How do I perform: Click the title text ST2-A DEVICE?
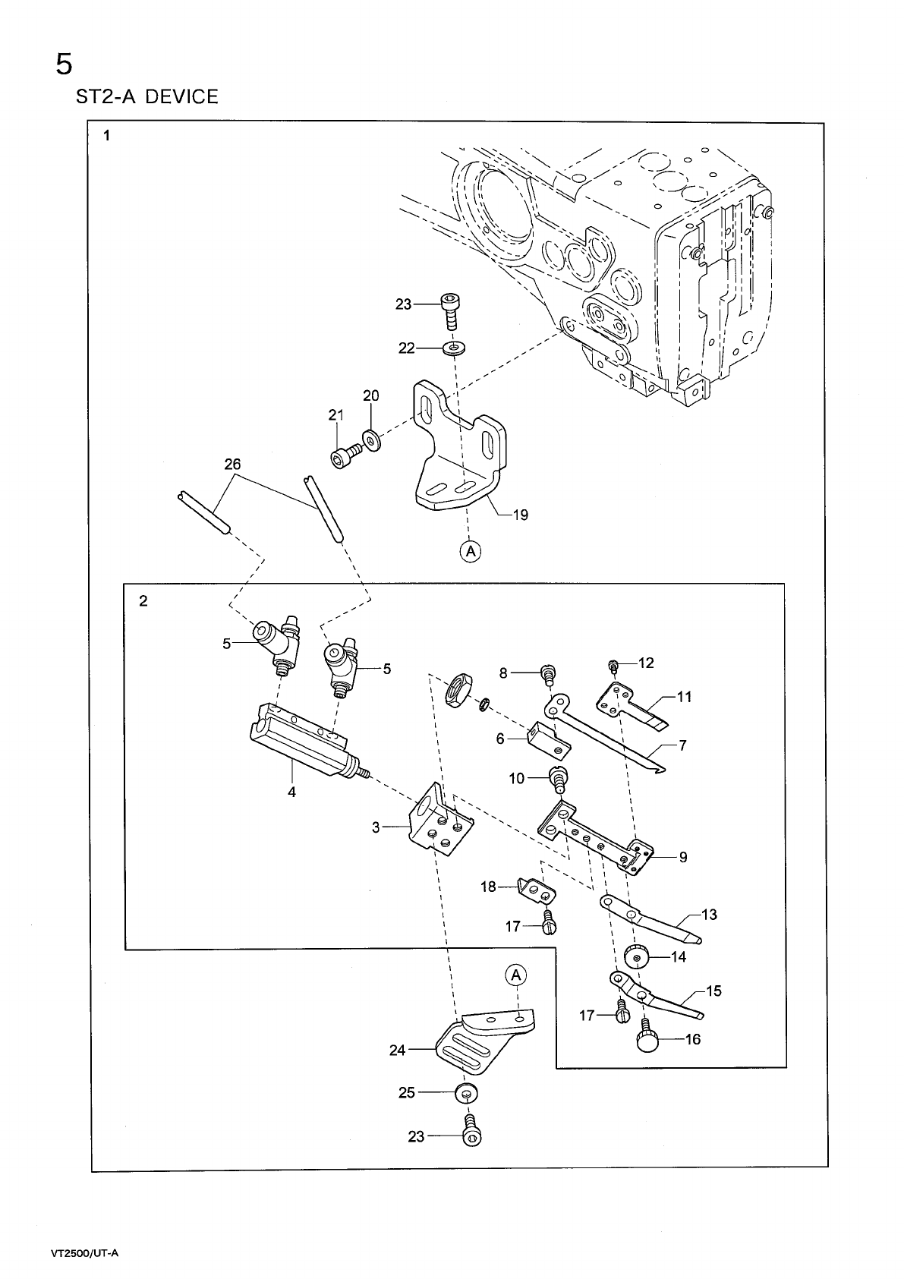click(146, 97)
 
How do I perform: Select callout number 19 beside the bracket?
click(520, 515)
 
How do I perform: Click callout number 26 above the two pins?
click(232, 464)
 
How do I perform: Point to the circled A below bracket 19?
click(470, 551)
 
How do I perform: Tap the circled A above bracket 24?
click(515, 975)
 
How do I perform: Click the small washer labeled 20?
click(371, 439)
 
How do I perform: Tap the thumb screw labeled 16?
click(647, 1041)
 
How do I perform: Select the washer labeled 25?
click(465, 1094)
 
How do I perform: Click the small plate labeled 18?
click(537, 890)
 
